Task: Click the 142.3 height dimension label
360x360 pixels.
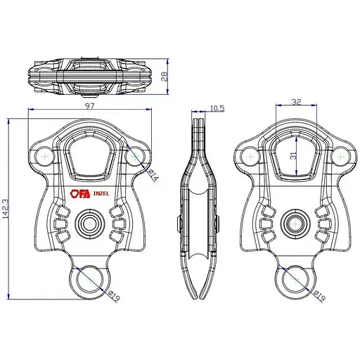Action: click(x=6, y=209)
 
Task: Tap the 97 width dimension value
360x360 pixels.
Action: click(x=89, y=106)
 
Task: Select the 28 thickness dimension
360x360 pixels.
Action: click(x=165, y=76)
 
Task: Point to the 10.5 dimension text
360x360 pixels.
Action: click(x=217, y=108)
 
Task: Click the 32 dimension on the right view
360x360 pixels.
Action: click(x=296, y=102)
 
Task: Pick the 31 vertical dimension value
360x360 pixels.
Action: click(x=293, y=156)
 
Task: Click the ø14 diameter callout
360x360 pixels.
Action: click(x=153, y=176)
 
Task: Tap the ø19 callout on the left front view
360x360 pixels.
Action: click(x=114, y=295)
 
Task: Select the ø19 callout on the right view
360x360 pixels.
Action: click(x=319, y=296)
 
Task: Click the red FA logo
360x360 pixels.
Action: click(x=80, y=194)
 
